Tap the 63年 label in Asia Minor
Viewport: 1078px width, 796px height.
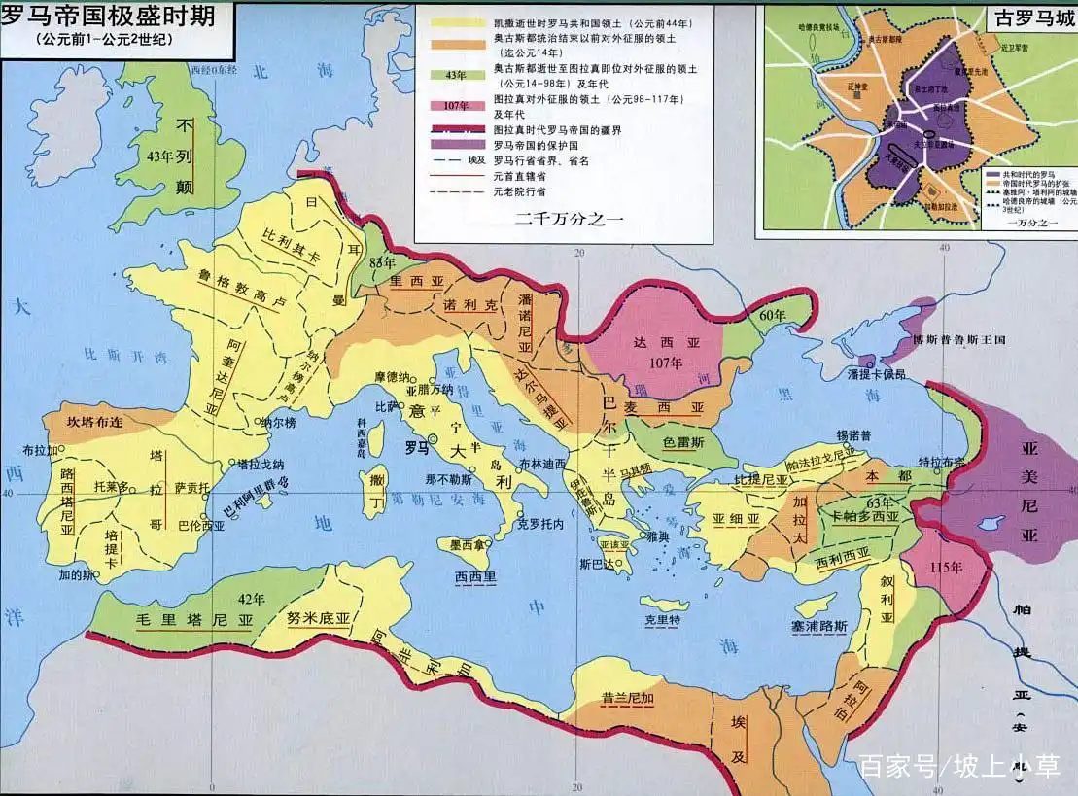click(879, 502)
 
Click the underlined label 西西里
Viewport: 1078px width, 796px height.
click(475, 576)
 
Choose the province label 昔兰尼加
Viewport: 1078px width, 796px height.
click(612, 697)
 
